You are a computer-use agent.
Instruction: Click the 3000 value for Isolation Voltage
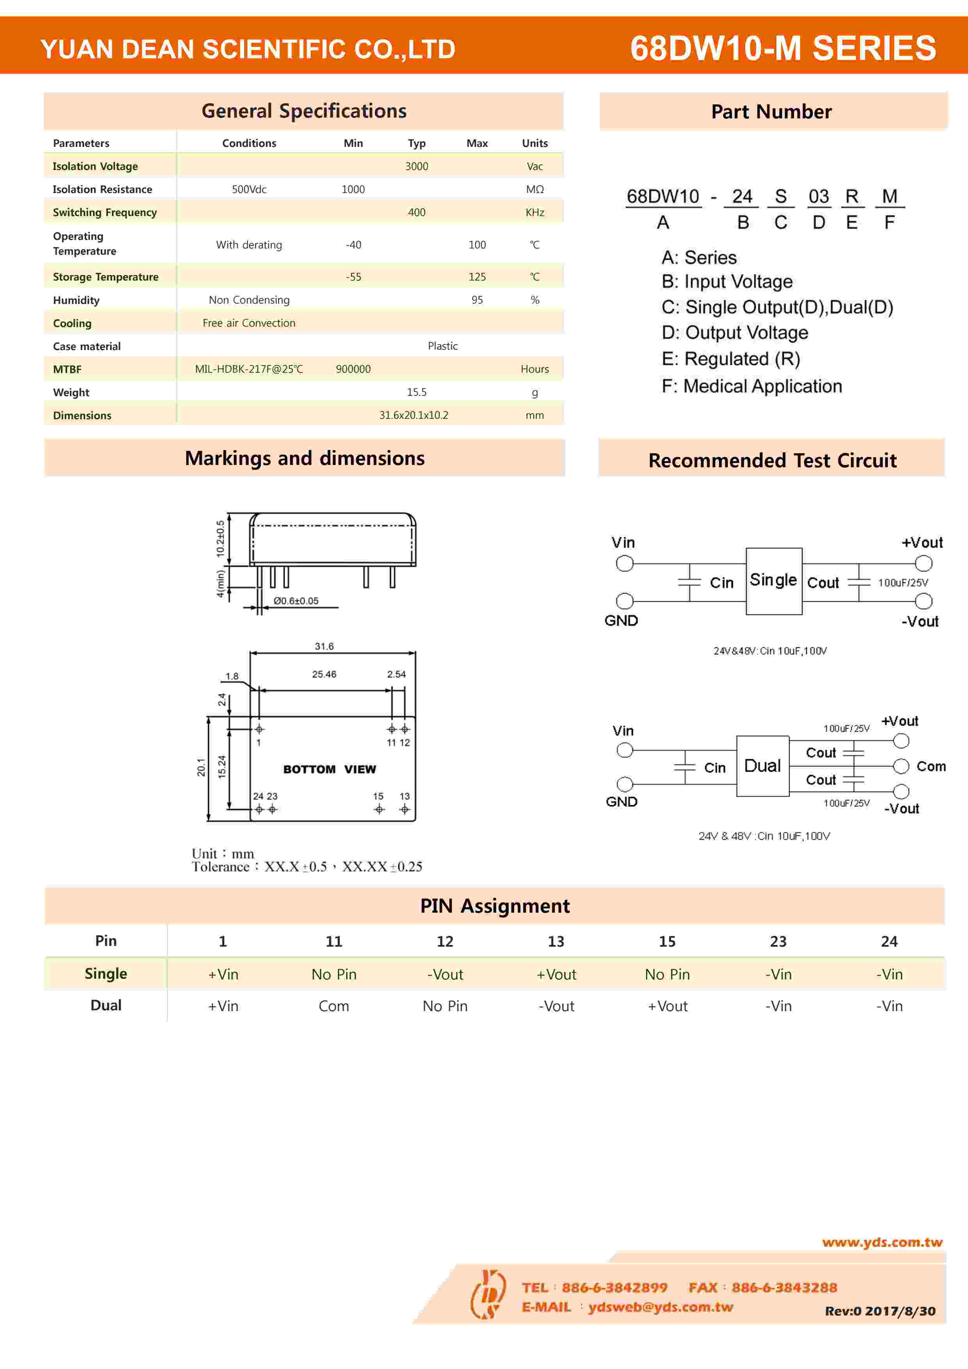coord(417,166)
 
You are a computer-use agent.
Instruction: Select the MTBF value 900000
coord(353,369)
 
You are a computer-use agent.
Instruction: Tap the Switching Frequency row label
coord(105,212)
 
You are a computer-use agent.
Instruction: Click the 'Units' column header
coord(535,143)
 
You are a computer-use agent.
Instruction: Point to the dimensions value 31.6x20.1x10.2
coord(414,415)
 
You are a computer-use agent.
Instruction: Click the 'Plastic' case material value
coord(443,346)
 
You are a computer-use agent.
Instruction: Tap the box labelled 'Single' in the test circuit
coord(774,580)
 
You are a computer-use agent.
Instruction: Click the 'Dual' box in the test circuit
coord(762,766)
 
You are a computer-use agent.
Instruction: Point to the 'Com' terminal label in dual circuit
coord(931,766)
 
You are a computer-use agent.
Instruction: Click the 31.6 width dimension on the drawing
coord(324,646)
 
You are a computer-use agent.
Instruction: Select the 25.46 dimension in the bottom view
coord(324,674)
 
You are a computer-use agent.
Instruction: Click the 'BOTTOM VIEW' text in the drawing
coord(330,769)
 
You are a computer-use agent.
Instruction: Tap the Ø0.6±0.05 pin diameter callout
coord(296,601)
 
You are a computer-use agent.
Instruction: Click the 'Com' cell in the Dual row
coord(334,1006)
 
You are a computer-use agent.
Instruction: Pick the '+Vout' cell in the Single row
coord(556,974)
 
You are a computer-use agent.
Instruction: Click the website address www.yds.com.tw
coord(882,1242)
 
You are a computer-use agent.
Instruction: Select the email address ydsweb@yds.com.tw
coord(660,1306)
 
